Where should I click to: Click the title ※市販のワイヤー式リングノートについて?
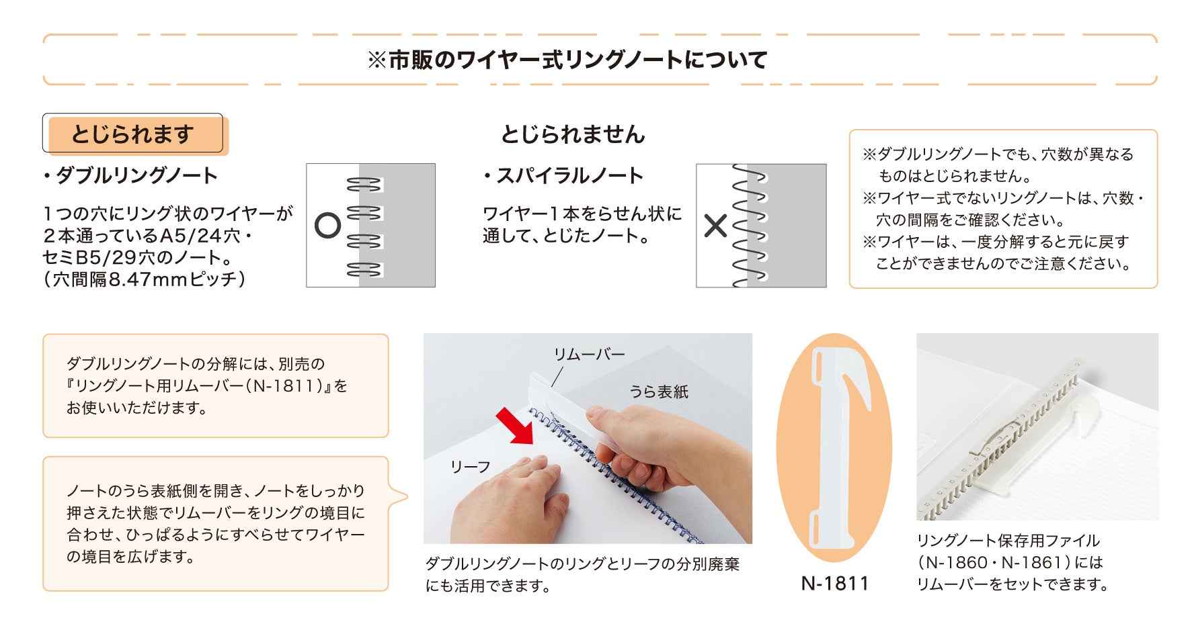[567, 60]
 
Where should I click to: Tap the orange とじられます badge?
[136, 135]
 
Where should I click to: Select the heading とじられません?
[573, 134]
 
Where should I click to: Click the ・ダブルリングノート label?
[130, 176]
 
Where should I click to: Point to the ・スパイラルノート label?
[563, 176]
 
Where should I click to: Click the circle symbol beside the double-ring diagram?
[328, 226]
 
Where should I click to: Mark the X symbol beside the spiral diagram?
[715, 226]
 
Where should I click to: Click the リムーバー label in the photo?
[589, 355]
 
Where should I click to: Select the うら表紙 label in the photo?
[659, 392]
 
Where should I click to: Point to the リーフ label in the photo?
[471, 467]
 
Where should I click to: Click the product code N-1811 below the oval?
[835, 583]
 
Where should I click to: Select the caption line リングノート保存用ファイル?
[1008, 541]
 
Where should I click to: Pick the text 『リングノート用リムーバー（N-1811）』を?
[207, 386]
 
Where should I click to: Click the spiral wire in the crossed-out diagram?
[749, 226]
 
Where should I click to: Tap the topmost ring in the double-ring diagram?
[364, 184]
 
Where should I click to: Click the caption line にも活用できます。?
[488, 586]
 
